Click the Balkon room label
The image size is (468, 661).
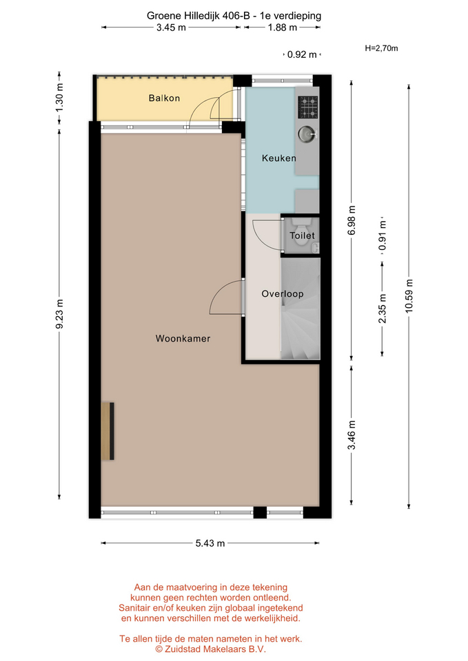pyautogui.click(x=164, y=98)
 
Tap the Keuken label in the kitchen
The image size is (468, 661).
pyautogui.click(x=279, y=158)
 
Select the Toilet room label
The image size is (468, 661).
pyautogui.click(x=302, y=235)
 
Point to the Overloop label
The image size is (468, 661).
pyautogui.click(x=283, y=294)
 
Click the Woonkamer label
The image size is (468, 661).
pyautogui.click(x=183, y=339)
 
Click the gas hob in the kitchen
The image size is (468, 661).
pyautogui.click(x=308, y=107)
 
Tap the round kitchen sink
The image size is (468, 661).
pyautogui.click(x=307, y=134)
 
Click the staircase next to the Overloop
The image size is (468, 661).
pyautogui.click(x=301, y=309)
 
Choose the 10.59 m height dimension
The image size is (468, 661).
pyautogui.click(x=409, y=296)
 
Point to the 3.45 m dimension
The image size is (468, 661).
pyautogui.click(x=171, y=28)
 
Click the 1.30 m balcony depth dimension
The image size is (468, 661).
pyautogui.click(x=59, y=98)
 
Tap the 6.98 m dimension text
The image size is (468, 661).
pyautogui.click(x=352, y=220)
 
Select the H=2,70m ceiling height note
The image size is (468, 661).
pyautogui.click(x=381, y=48)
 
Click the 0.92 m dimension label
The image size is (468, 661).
pyautogui.click(x=302, y=55)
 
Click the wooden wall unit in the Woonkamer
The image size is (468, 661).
pyautogui.click(x=108, y=431)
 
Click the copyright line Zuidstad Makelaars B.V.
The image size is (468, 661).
pyautogui.click(x=211, y=649)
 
